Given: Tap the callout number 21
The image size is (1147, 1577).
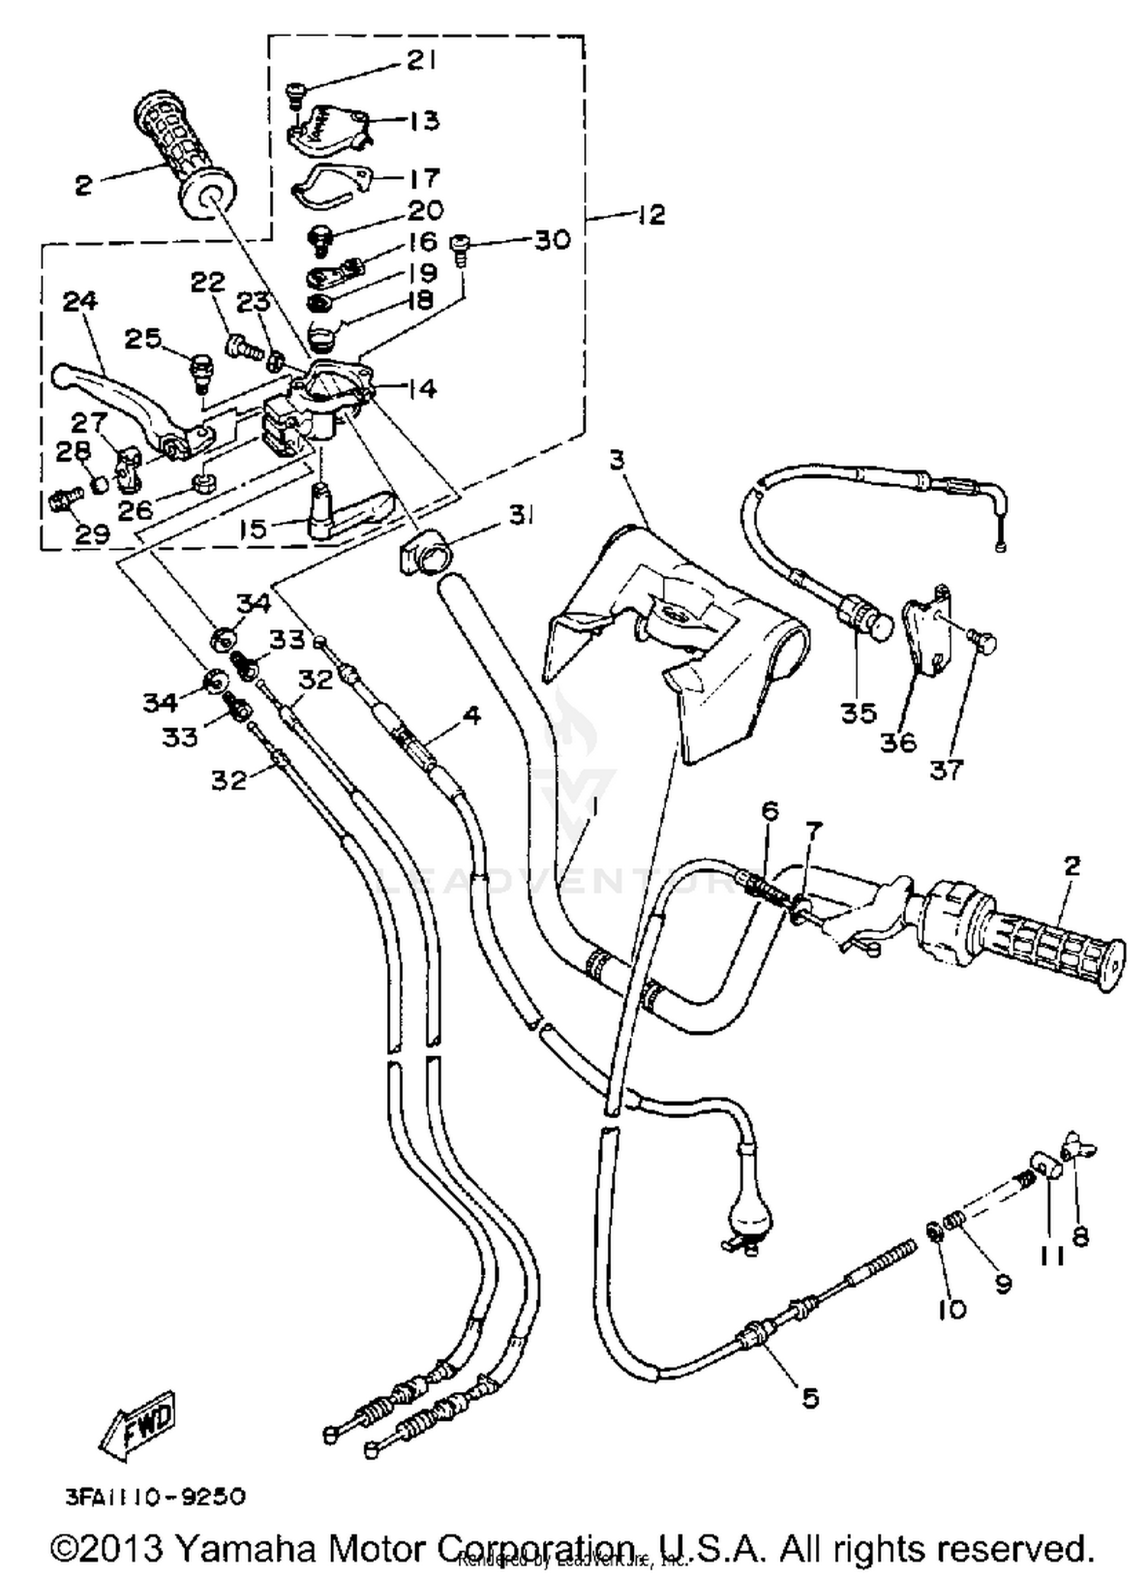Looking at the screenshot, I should (420, 60).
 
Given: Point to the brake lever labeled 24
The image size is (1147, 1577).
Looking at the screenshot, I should (122, 394).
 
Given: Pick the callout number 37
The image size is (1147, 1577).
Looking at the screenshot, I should (946, 769).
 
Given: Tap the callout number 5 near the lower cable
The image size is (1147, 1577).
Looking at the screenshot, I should (810, 1398).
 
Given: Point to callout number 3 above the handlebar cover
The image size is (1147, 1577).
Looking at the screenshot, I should (616, 460).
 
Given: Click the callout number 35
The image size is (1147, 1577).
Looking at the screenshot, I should (858, 713).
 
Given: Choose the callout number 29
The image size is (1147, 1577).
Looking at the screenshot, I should (92, 534).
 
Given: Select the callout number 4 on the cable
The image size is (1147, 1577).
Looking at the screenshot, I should (471, 717).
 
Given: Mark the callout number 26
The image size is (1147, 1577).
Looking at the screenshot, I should (135, 509).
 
